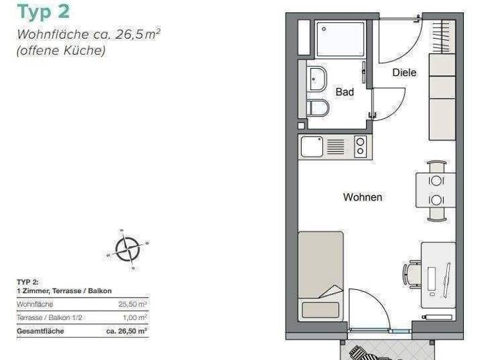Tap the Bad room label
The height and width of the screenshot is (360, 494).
point(345,93)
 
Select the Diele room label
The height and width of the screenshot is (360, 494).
point(405,73)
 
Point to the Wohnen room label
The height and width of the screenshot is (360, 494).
point(362,197)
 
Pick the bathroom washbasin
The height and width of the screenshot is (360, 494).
point(316,79)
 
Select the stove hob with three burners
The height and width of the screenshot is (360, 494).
point(360,147)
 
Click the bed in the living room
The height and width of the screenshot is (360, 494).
point(320,273)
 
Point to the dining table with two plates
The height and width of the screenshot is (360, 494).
point(435,190)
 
